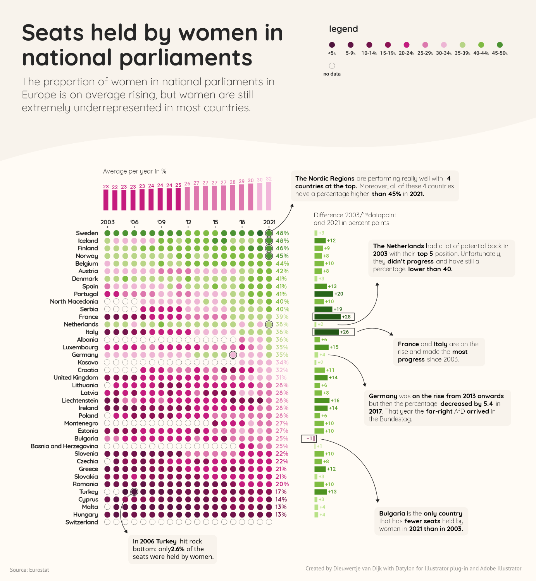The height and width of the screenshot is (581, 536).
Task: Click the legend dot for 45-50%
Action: tap(500, 45)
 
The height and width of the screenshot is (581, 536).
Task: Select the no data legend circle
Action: tap(332, 66)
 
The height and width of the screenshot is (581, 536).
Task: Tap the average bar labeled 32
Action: tap(269, 196)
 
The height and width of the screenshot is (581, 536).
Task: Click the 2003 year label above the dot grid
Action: tap(107, 222)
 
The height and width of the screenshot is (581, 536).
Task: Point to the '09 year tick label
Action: tap(161, 222)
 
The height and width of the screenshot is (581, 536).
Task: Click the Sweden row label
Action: tap(87, 233)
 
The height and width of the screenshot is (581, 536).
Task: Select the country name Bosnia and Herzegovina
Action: tap(64, 446)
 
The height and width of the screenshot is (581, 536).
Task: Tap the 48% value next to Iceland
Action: tap(282, 241)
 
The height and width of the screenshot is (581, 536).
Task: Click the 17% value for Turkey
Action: tap(281, 492)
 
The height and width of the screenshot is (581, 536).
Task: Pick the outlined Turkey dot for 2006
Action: tap(134, 492)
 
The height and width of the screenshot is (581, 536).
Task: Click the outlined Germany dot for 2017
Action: tap(233, 355)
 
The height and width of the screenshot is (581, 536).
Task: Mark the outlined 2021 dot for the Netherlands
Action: tap(269, 325)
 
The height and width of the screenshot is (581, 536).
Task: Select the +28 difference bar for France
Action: tap(327, 317)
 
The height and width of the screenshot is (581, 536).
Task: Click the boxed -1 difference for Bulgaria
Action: tap(309, 438)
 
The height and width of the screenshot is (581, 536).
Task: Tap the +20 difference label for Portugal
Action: tap(339, 294)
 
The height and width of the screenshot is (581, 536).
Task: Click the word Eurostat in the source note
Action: tap(39, 570)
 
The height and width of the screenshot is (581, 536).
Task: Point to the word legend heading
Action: tap(343, 29)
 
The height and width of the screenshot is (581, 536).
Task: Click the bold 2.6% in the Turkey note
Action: tap(178, 549)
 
